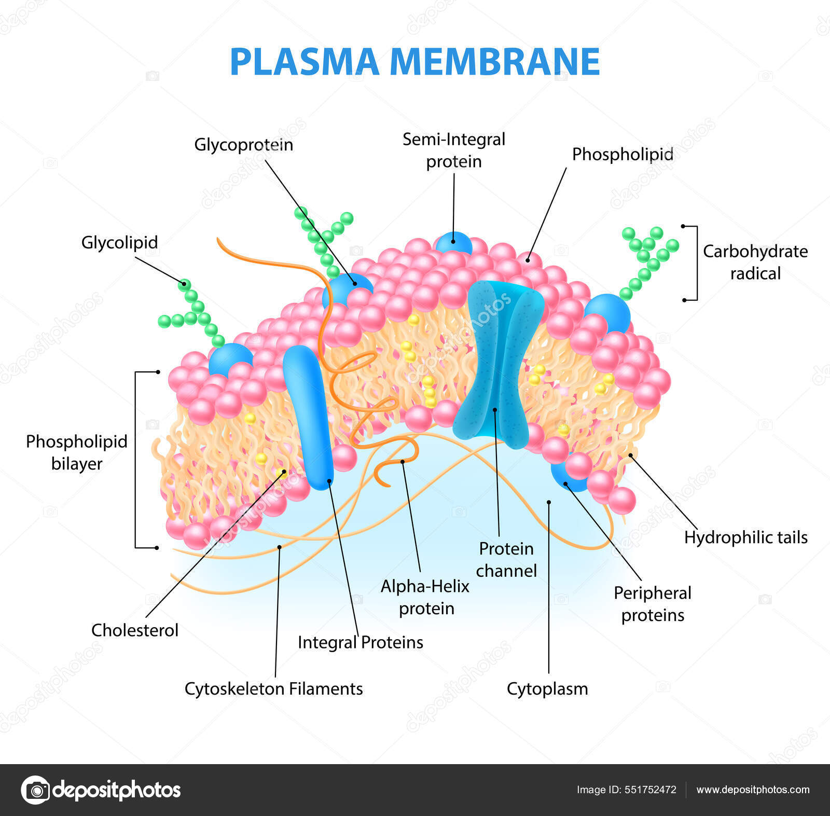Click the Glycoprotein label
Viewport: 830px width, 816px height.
pos(243,145)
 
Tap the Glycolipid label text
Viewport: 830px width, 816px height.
pos(119,242)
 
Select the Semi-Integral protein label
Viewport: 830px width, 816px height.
pos(453,150)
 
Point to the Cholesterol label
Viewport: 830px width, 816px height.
pos(134,630)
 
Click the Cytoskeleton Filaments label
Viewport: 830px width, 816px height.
pos(273,688)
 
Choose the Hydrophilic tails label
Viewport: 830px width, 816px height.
pos(745,537)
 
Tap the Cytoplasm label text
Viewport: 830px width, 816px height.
pos(547,688)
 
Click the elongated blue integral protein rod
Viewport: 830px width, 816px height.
pos(309,415)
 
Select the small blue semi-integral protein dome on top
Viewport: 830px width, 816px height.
pos(453,242)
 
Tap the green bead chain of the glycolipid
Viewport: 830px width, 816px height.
pos(195,311)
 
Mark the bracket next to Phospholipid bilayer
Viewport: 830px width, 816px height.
pos(136,459)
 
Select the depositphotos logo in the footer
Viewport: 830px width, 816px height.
pos(101,790)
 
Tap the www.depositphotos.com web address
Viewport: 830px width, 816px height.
pos(753,790)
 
